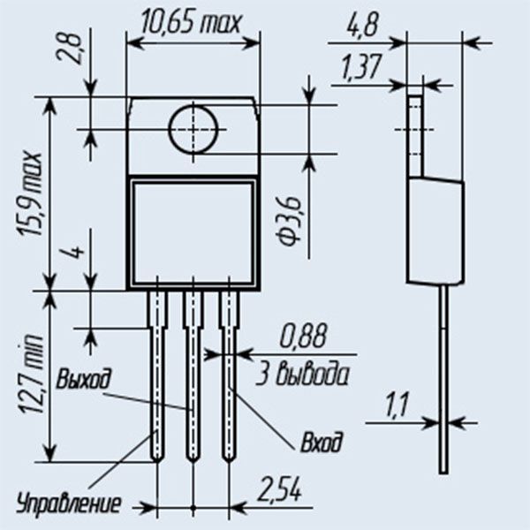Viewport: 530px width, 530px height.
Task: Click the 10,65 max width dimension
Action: pyautogui.click(x=191, y=23)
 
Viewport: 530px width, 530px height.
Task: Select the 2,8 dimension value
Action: pyautogui.click(x=69, y=49)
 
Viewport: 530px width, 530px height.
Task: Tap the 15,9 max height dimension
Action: pyautogui.click(x=30, y=194)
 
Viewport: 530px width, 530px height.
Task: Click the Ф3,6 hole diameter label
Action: pyautogui.click(x=290, y=222)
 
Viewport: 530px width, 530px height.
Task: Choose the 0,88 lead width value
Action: pyautogui.click(x=303, y=336)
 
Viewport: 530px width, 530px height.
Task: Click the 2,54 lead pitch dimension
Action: pyautogui.click(x=279, y=489)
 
